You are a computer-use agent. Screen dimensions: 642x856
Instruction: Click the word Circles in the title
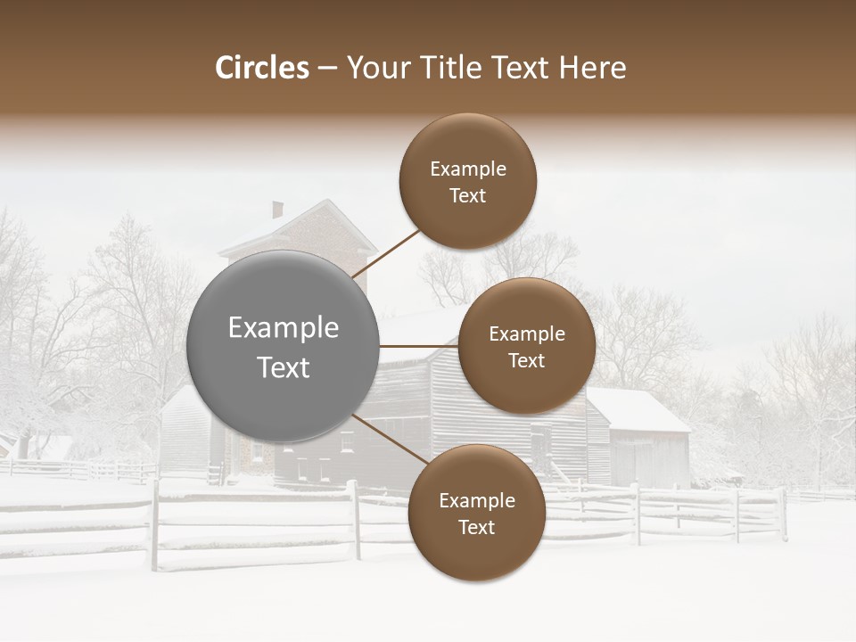[261, 68]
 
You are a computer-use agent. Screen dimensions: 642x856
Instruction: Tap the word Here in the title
[592, 68]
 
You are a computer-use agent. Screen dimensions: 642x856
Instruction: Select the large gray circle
[283, 346]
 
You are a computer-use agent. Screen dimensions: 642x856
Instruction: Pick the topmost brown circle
[468, 181]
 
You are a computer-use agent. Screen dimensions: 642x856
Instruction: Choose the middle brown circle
[526, 346]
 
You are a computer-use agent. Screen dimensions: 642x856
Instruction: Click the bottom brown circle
[476, 513]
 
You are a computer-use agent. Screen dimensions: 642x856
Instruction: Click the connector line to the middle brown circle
[418, 346]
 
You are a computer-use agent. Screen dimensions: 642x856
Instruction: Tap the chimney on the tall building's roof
[277, 210]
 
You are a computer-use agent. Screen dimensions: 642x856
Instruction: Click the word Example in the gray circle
[283, 327]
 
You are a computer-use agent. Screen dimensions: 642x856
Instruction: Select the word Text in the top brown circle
[468, 195]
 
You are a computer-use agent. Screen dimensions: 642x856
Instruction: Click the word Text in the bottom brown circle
[476, 527]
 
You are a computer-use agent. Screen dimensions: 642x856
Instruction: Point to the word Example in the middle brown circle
[526, 333]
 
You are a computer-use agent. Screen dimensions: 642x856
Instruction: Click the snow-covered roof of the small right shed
[638, 409]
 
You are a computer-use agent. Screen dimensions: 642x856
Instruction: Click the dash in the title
[326, 69]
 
